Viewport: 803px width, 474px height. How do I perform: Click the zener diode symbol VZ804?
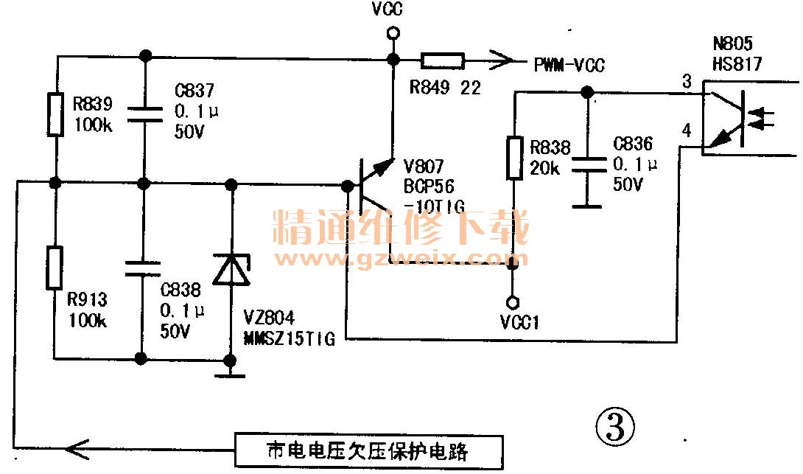[231, 269]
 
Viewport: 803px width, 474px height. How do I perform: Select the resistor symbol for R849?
[442, 60]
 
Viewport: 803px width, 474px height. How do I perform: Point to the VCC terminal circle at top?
[393, 33]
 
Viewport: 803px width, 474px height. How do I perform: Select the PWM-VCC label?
[569, 66]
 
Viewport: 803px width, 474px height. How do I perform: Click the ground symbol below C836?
[587, 205]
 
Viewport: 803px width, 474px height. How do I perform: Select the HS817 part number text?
[737, 65]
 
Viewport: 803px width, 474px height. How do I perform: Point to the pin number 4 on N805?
[687, 131]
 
